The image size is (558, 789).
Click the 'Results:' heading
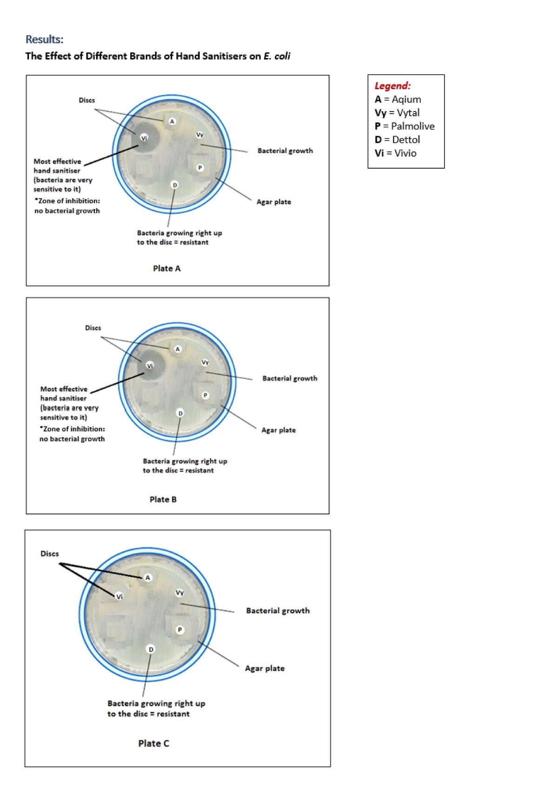44,39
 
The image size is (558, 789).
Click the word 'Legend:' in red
392,86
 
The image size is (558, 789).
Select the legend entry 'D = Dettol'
398,140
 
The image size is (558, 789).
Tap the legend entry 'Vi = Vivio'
396,153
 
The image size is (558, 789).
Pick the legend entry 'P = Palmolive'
405,126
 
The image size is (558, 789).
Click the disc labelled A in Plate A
172,121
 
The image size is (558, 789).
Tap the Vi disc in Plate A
144,138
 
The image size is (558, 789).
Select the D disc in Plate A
175,185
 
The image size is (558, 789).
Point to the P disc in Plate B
206,395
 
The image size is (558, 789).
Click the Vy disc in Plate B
205,363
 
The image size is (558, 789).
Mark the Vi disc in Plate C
120,597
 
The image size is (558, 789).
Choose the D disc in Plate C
151,649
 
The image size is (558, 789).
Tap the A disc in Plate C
147,577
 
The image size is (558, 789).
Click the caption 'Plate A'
166,268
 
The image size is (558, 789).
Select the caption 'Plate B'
163,499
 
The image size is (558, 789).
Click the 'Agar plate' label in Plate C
265,668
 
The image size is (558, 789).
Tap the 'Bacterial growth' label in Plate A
285,151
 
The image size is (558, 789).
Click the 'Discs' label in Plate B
93,328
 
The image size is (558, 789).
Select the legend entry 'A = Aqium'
398,99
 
